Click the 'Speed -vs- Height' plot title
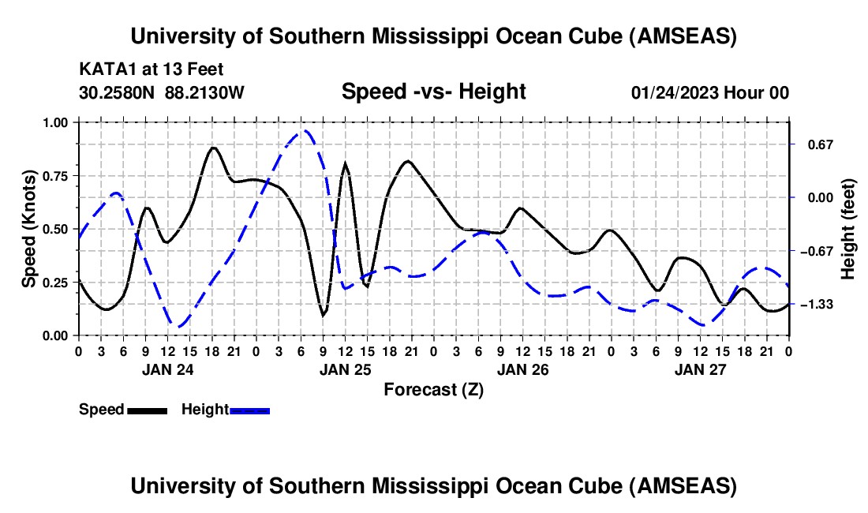tap(433, 92)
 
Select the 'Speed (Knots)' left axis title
tap(29, 229)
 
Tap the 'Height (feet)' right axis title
tap(848, 229)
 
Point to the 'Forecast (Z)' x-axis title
tap(433, 389)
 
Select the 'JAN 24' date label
tap(167, 369)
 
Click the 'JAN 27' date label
tap(700, 369)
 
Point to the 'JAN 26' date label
tap(522, 369)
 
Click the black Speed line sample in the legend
tap(147, 410)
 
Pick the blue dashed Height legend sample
tap(249, 410)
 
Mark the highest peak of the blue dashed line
tap(303, 131)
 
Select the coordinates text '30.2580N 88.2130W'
tap(162, 92)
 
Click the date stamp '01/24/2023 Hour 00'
tap(709, 92)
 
